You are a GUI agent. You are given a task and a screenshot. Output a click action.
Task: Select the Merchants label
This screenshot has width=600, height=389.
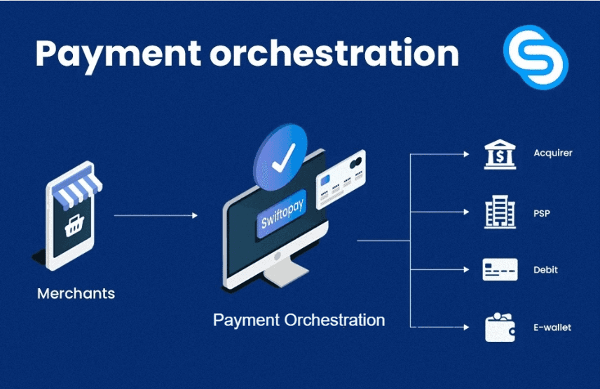point(76,293)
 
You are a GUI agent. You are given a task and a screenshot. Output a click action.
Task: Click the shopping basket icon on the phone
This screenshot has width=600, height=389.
point(72,225)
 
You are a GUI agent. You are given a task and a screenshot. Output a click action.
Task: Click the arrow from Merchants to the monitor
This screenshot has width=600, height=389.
point(156,216)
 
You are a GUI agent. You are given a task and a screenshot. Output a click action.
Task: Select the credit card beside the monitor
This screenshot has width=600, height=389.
point(341,179)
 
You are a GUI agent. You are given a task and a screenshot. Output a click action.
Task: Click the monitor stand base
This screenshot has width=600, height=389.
point(275,276)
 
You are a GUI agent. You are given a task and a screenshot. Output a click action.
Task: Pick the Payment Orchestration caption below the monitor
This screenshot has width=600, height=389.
point(299,320)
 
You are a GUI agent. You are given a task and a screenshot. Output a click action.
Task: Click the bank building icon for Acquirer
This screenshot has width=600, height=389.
point(500,154)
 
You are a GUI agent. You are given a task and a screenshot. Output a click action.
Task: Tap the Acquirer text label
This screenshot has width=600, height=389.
point(552,153)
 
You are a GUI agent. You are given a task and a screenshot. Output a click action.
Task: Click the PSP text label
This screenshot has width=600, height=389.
point(542,212)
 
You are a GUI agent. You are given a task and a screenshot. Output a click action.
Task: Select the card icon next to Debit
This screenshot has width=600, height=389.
point(500,270)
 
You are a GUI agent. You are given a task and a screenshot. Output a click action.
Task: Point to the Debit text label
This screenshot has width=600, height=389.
point(545,270)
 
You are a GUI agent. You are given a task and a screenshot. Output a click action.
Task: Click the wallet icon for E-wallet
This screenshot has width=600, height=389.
point(500,327)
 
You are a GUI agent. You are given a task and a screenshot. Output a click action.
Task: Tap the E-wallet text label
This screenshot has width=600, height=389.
point(552,327)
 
